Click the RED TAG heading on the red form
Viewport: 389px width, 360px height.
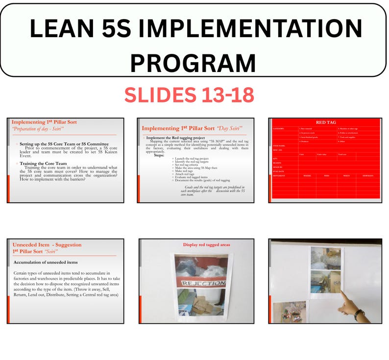325,122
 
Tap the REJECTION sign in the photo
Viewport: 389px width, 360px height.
200,283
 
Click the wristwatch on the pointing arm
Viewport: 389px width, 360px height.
360,314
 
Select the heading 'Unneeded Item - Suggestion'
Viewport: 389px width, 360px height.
47,244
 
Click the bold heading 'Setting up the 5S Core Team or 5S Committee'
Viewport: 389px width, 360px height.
64,144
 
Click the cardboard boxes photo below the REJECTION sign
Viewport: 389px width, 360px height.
200,303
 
